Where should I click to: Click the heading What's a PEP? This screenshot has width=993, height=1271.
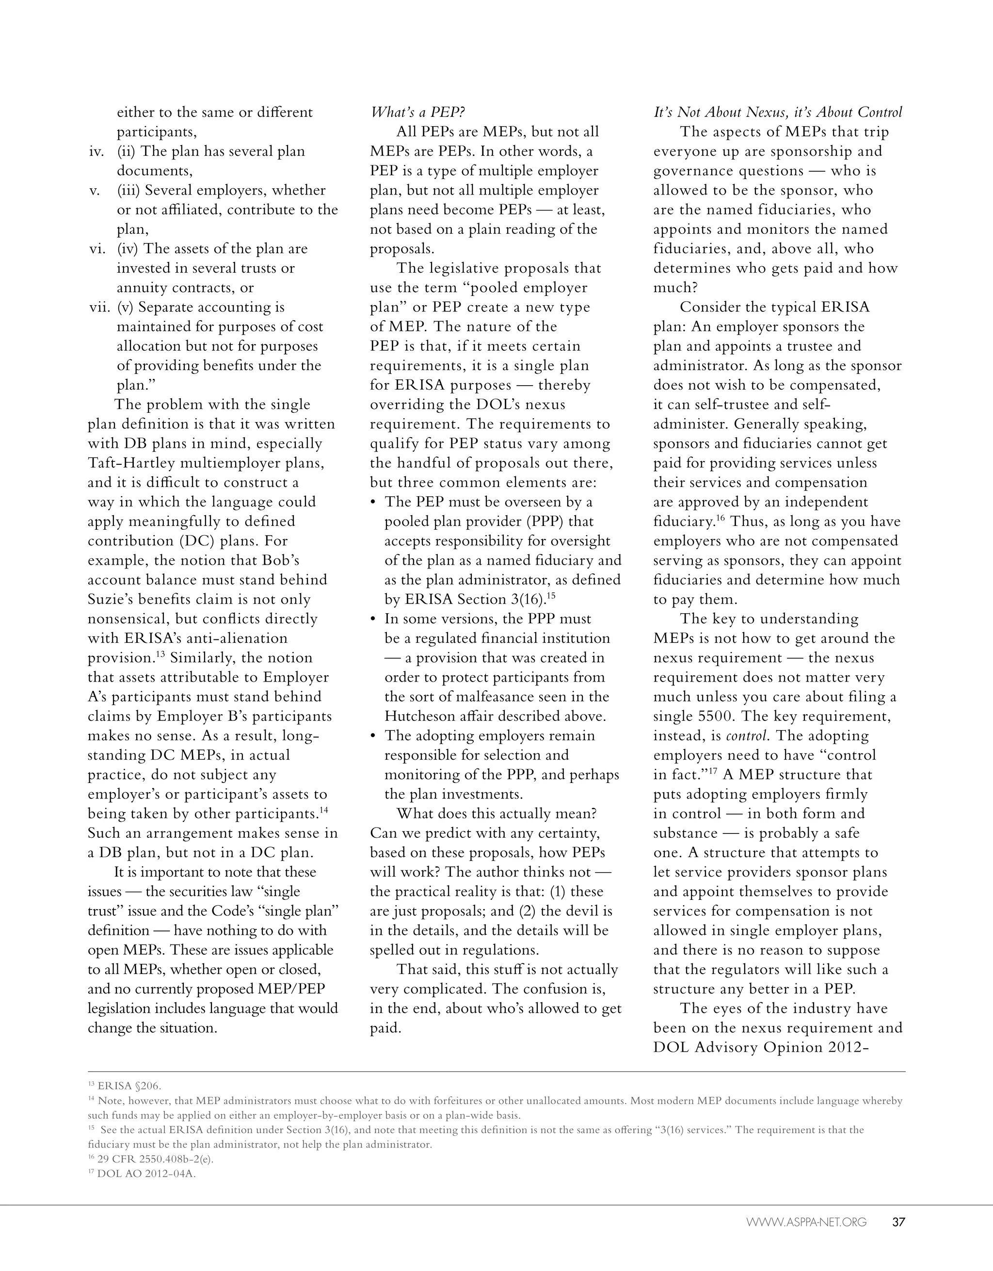417,113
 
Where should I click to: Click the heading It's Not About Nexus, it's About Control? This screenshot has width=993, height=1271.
778,113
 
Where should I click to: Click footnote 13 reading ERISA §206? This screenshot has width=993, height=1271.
125,1086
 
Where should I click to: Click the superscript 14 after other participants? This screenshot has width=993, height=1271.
324,810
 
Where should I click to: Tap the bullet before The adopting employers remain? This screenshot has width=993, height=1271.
373,736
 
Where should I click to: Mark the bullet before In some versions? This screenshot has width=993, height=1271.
373,619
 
